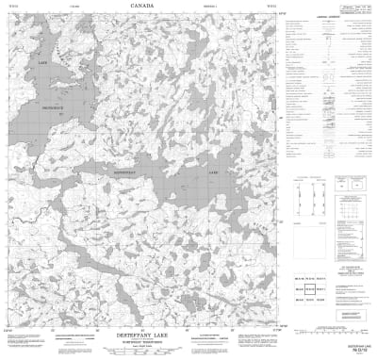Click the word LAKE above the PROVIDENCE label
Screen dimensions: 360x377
coord(41,63)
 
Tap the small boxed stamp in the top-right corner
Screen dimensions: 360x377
coord(356,8)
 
